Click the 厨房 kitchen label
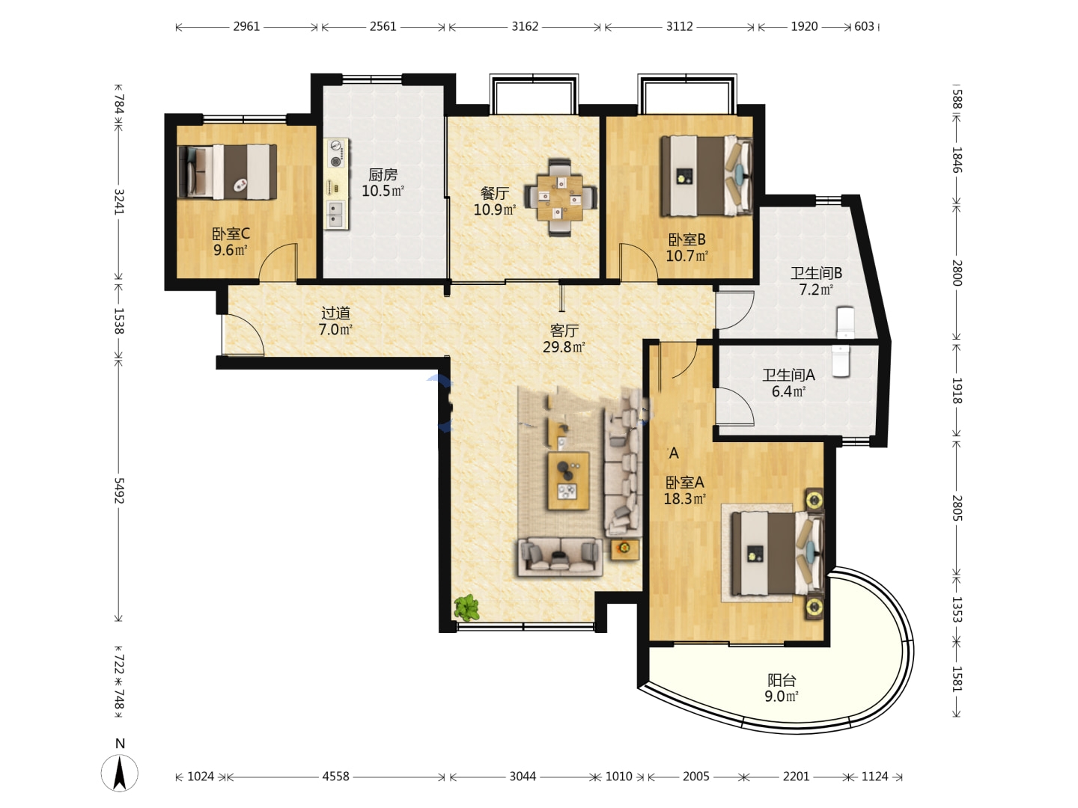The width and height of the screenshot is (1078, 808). [383, 174]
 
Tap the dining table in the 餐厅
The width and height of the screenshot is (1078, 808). [561, 198]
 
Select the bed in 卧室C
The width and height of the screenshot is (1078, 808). [227, 172]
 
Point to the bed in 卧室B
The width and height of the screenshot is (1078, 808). [707, 176]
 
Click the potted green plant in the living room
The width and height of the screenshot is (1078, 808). [466, 608]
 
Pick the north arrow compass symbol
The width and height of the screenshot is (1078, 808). [119, 773]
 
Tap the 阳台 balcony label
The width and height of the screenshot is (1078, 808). [782, 681]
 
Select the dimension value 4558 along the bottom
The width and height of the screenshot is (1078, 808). [336, 776]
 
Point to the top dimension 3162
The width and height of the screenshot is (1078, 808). [525, 26]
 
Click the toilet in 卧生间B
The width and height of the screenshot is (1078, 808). [845, 322]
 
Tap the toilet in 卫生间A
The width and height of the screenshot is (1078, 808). [841, 361]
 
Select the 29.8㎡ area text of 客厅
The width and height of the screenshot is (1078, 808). [564, 347]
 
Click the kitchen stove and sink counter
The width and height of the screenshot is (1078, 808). [336, 184]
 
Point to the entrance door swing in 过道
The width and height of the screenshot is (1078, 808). [243, 334]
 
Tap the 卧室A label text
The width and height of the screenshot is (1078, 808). [685, 483]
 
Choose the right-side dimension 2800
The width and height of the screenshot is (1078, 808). [957, 273]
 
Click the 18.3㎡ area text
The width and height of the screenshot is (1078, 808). [685, 499]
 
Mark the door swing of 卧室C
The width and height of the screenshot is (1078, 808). [278, 263]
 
